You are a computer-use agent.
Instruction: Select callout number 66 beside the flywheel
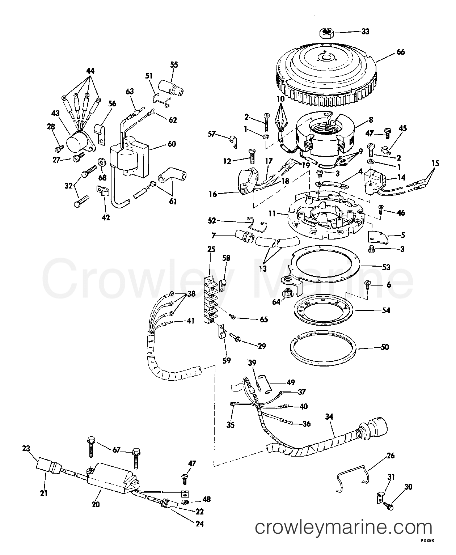pos(400,52)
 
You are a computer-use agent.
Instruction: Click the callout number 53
pos(386,267)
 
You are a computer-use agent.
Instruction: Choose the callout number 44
pos(90,71)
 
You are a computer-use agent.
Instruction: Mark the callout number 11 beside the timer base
pos(272,214)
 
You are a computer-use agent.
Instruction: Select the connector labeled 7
pos(242,235)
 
